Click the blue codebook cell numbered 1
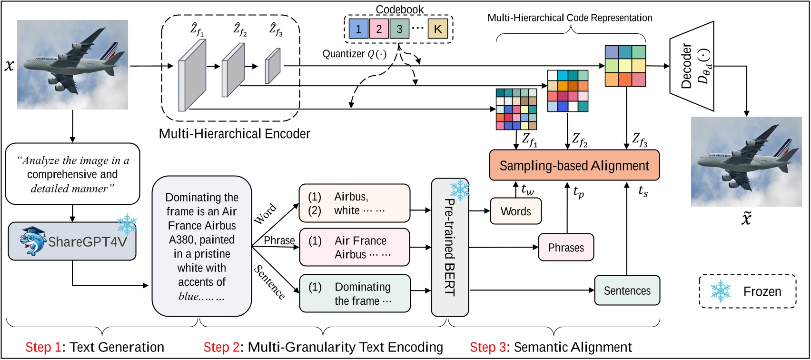[x=358, y=29]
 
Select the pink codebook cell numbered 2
[x=379, y=29]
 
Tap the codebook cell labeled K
[x=438, y=29]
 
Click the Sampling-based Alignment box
[x=574, y=165]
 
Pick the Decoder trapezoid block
[x=692, y=65]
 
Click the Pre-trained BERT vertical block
[x=450, y=248]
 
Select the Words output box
[x=515, y=211]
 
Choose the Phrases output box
[x=566, y=248]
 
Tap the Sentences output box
[x=627, y=290]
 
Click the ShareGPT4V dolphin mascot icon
[x=33, y=241]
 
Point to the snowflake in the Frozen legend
[x=721, y=291]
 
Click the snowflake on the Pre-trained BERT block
[x=460, y=190]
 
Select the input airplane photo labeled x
[x=72, y=65]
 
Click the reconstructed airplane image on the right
[x=746, y=161]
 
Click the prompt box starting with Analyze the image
[x=72, y=174]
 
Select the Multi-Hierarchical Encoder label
[x=234, y=134]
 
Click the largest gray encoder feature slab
[x=192, y=75]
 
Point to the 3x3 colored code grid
[x=625, y=66]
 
